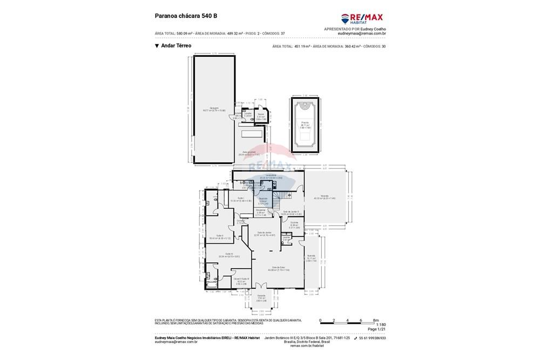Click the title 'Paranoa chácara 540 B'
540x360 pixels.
186,16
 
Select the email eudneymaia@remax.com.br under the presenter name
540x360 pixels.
361,33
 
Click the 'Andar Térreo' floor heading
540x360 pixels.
176,46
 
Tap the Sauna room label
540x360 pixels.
261,115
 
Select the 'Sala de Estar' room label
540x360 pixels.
281,268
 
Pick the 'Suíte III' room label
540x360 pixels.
229,255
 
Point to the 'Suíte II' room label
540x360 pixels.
220,236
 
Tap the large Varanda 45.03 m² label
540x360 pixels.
325,196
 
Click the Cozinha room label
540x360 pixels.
294,223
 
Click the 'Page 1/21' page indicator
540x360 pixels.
376,329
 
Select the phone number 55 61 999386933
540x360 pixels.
373,338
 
